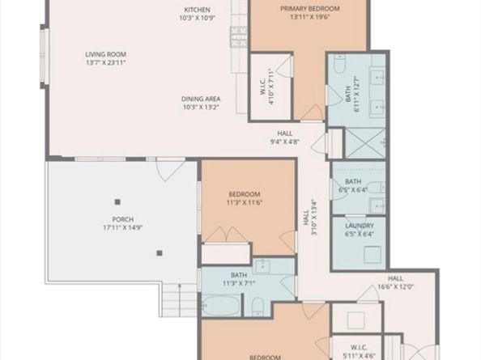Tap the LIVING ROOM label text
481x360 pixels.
106,54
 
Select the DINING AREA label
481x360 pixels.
202,99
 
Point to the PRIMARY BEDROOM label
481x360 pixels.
310,8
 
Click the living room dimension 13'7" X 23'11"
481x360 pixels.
106,64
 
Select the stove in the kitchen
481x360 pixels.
239,34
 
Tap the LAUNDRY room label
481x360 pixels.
359,225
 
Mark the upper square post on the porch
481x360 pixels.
118,201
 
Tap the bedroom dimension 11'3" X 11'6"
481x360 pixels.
244,203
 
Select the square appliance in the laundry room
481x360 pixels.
372,253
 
